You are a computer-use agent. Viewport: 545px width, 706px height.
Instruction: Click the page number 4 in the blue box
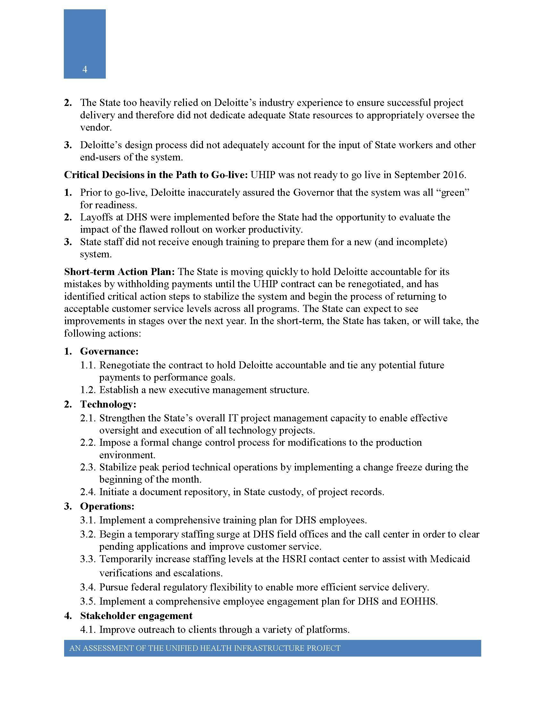(x=85, y=69)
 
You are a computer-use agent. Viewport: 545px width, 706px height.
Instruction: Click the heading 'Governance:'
(x=109, y=351)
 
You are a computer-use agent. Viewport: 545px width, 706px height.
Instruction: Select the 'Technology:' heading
(x=108, y=404)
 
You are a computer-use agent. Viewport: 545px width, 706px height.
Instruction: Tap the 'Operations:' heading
(x=107, y=506)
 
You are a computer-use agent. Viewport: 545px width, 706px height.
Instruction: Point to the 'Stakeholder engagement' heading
(x=136, y=616)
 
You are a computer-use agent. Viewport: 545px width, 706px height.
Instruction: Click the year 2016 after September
(x=455, y=175)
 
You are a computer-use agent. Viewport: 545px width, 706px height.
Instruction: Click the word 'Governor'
(x=313, y=193)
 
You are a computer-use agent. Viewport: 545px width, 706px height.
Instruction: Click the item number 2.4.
(x=88, y=492)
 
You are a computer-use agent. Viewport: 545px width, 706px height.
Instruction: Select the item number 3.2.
(x=88, y=534)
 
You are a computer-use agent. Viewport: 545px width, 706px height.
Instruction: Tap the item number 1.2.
(x=88, y=390)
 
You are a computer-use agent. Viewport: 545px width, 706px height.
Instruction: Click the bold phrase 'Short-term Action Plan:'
(x=120, y=271)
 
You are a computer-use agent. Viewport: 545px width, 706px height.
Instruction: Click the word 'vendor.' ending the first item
(x=96, y=127)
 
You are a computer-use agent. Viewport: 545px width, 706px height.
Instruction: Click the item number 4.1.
(x=88, y=630)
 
